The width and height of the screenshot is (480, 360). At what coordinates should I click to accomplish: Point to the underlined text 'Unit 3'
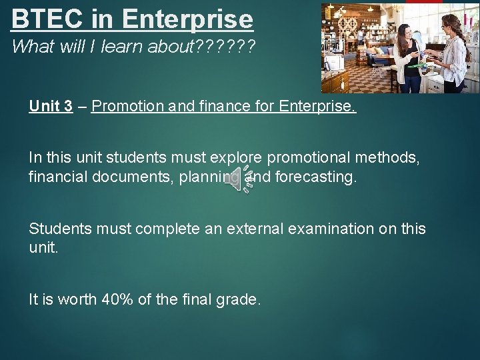pyautogui.click(x=51, y=107)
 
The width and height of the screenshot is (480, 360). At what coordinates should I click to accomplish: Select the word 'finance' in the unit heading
pyautogui.click(x=218, y=107)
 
